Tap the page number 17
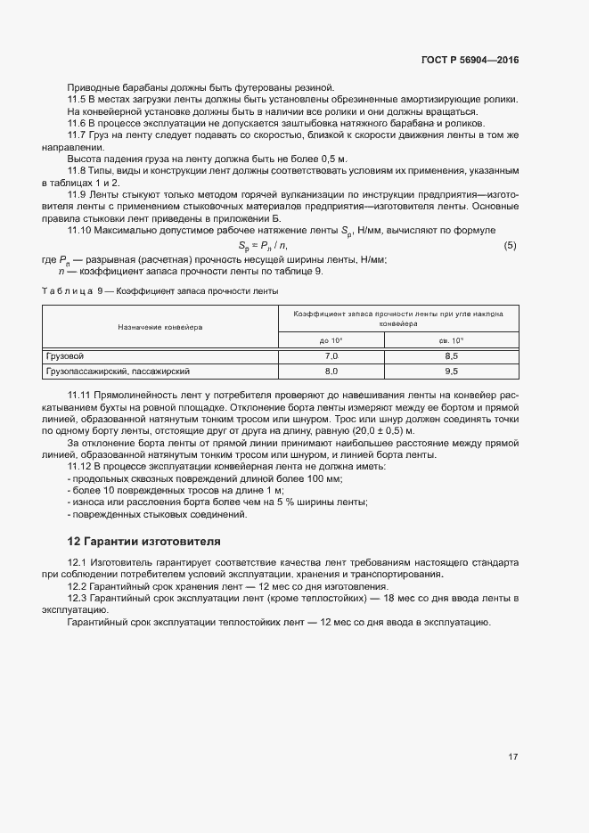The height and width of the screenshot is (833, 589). tap(512, 757)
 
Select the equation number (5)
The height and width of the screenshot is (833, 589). tap(510, 245)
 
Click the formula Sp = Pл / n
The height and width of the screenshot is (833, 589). tap(263, 245)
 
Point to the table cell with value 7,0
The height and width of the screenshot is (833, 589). tap(331, 355)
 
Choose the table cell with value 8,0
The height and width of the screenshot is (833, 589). tap(331, 371)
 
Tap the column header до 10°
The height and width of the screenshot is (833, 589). tap(331, 340)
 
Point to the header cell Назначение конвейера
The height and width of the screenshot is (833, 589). tap(160, 327)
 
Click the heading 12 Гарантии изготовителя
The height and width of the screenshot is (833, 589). tap(144, 541)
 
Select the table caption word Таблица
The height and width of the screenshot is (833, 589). tap(66, 291)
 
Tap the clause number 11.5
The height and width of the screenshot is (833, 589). tap(78, 99)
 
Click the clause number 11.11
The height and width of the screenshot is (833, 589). tap(80, 393)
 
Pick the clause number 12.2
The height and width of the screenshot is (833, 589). tap(78, 587)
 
